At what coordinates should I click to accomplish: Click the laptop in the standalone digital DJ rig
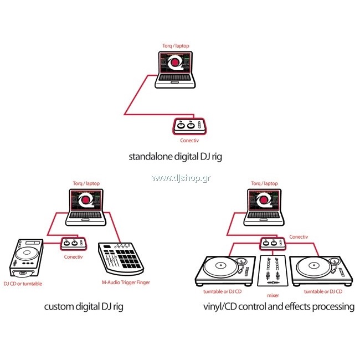pyautogui.click(x=175, y=70)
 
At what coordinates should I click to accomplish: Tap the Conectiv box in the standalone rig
pyautogui.click(x=189, y=126)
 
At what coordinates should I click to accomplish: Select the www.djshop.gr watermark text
pyautogui.click(x=181, y=178)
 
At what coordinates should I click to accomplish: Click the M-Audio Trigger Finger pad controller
pyautogui.click(x=121, y=259)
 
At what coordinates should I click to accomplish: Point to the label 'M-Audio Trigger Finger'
pyautogui.click(x=126, y=282)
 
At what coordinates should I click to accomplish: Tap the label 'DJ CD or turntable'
pyautogui.click(x=23, y=284)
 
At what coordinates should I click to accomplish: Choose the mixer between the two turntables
pyautogui.click(x=272, y=271)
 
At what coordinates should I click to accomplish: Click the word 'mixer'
pyautogui.click(x=273, y=296)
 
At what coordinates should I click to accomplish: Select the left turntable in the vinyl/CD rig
pyautogui.click(x=225, y=271)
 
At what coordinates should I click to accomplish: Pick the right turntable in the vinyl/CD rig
pyautogui.click(x=321, y=271)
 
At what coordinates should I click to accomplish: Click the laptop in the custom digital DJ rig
pyautogui.click(x=86, y=207)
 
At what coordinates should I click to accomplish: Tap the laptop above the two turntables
pyautogui.click(x=264, y=207)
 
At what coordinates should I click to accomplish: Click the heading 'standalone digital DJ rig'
pyautogui.click(x=176, y=157)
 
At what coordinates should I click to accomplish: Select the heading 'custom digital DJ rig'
pyautogui.click(x=84, y=307)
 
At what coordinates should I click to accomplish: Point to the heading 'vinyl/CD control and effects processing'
pyautogui.click(x=279, y=307)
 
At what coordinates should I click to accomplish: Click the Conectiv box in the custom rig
pyautogui.click(x=74, y=244)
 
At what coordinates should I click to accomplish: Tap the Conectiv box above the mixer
pyautogui.click(x=273, y=244)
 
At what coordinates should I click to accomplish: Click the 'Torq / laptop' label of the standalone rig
pyautogui.click(x=176, y=46)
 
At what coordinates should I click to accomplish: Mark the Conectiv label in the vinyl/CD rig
pyautogui.click(x=299, y=237)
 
